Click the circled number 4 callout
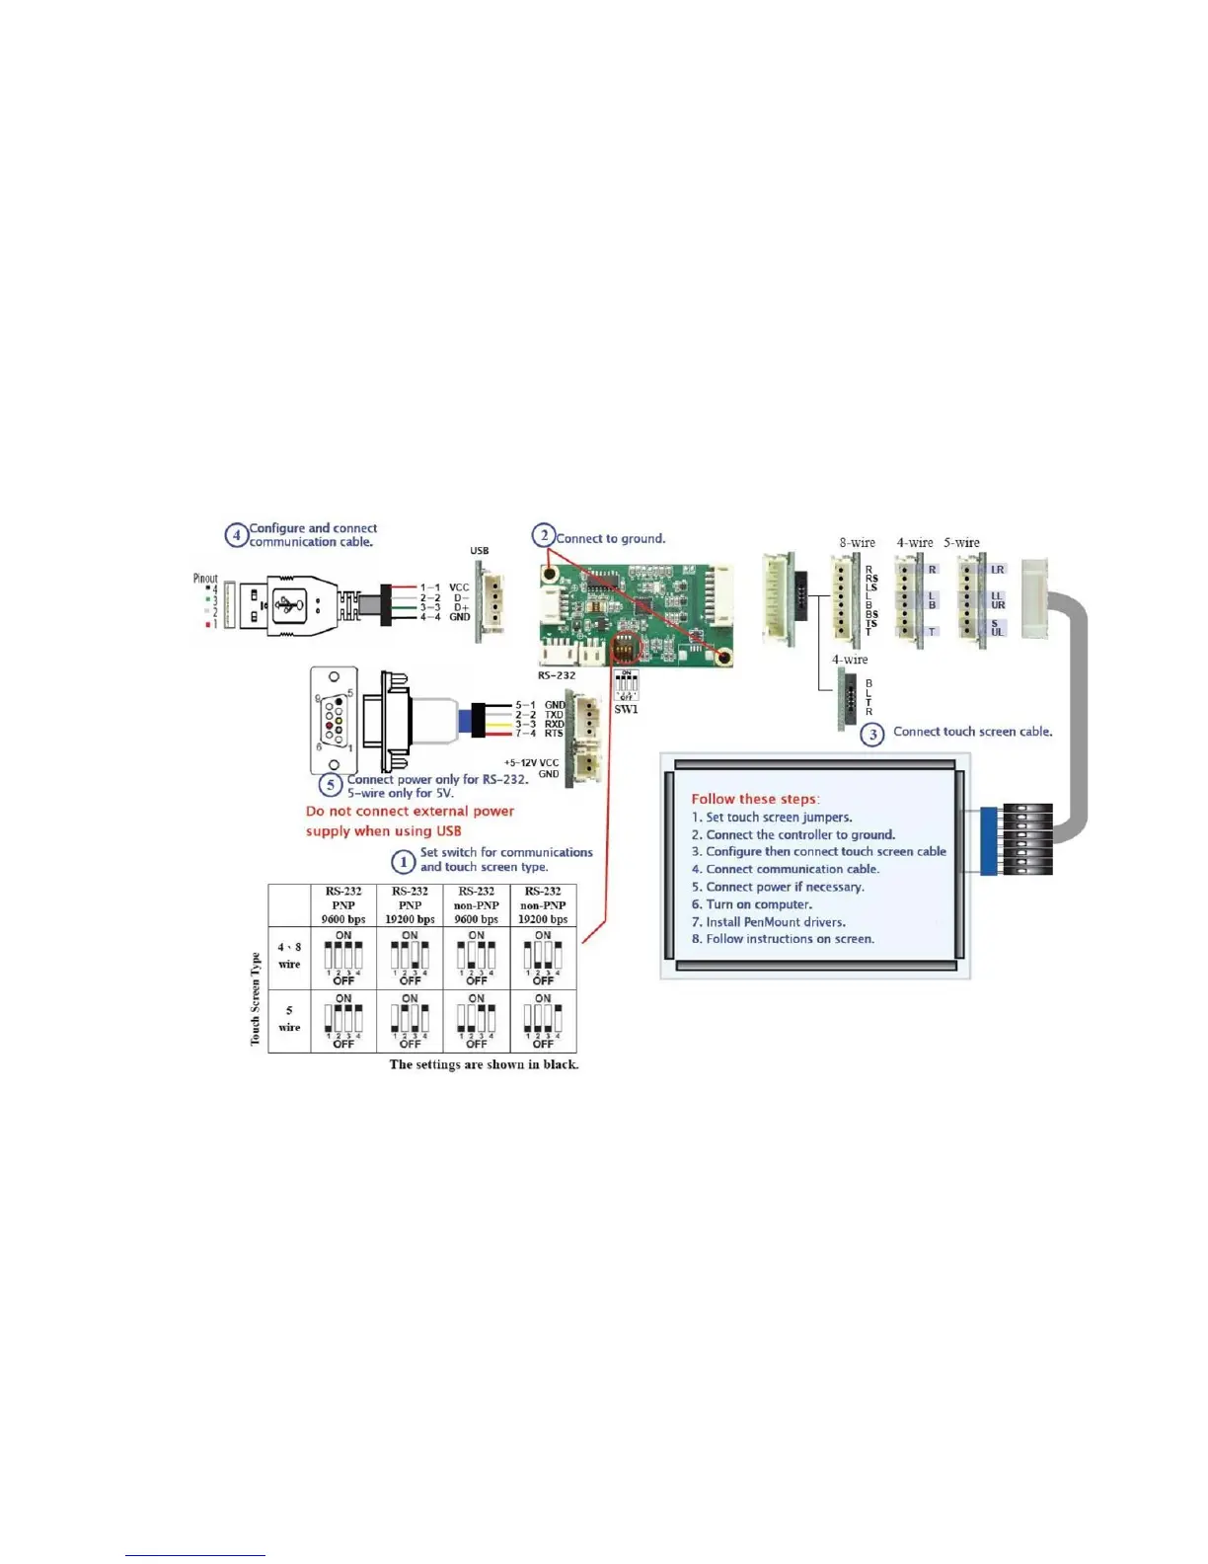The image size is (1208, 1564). (236, 535)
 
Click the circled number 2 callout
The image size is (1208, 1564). (544, 536)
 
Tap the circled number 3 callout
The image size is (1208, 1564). (871, 735)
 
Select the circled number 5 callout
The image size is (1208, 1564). (331, 786)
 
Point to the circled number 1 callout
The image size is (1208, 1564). (403, 862)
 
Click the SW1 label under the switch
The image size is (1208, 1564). (626, 709)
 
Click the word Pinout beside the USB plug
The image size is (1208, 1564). (205, 579)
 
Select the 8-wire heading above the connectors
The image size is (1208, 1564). (857, 543)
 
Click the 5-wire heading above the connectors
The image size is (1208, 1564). (961, 543)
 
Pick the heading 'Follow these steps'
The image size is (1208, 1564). (755, 799)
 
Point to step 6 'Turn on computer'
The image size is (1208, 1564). (752, 904)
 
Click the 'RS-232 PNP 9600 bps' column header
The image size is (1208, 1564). (343, 904)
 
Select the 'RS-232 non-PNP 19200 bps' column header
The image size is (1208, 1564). (543, 904)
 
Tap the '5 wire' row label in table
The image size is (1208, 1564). (289, 1019)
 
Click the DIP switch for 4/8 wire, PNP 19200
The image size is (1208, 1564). (410, 957)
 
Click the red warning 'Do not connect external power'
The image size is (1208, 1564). (410, 812)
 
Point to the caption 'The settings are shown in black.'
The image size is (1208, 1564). (484, 1064)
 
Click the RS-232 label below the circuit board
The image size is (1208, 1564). (557, 676)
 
